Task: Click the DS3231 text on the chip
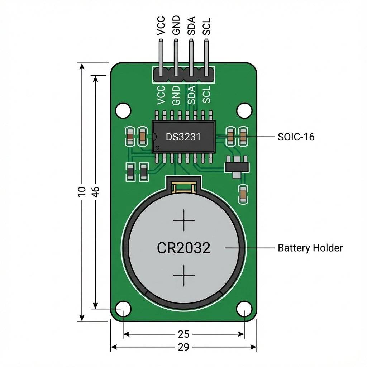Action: (183, 137)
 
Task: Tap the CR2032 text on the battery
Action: (183, 248)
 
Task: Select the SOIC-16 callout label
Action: (296, 137)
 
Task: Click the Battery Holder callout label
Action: (310, 248)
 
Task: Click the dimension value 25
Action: (183, 334)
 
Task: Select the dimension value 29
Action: (183, 347)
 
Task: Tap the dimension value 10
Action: (82, 191)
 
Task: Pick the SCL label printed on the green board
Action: (206, 94)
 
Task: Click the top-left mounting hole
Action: (123, 110)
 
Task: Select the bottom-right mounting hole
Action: (244, 309)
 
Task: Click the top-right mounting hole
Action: (244, 110)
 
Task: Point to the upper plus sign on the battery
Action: (183, 220)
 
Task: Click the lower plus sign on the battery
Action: (183, 275)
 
